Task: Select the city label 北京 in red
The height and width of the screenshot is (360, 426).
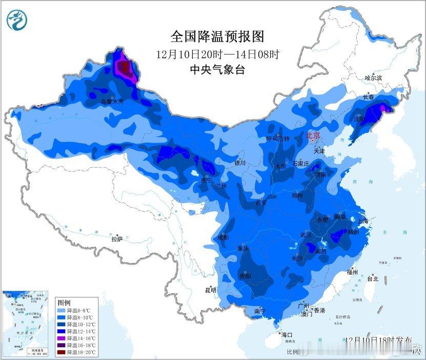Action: pyautogui.click(x=313, y=136)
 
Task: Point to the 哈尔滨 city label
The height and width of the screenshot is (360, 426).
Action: pyautogui.click(x=374, y=78)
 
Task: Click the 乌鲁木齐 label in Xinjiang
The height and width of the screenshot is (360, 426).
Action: pyautogui.click(x=112, y=102)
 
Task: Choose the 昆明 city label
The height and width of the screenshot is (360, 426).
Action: pyautogui.click(x=211, y=290)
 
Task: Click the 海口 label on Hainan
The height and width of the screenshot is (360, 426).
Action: pyautogui.click(x=288, y=334)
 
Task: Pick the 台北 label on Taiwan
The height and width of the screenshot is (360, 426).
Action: pyautogui.click(x=373, y=279)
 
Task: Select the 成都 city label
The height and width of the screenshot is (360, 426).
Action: pyautogui.click(x=222, y=237)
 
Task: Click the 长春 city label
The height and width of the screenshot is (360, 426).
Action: pyautogui.click(x=369, y=97)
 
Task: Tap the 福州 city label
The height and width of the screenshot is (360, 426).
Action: pyautogui.click(x=352, y=272)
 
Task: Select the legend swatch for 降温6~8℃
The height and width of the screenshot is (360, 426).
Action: pyautogui.click(x=60, y=310)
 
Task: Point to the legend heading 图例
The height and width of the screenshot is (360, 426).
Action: pyautogui.click(x=64, y=303)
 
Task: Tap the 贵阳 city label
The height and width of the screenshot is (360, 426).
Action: pyautogui.click(x=245, y=276)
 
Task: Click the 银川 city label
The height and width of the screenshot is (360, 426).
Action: pyautogui.click(x=240, y=163)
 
